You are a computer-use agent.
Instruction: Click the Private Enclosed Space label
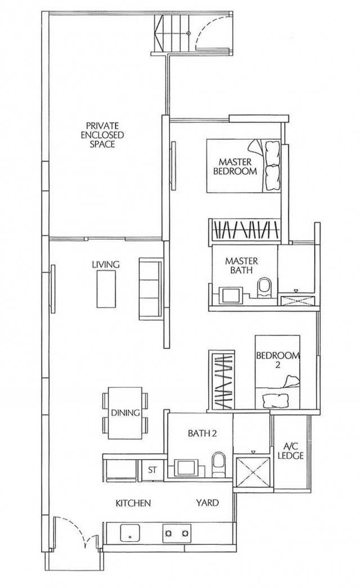click(x=102, y=134)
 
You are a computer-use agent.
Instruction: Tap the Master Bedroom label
click(x=235, y=166)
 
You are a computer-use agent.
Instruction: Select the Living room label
click(x=106, y=264)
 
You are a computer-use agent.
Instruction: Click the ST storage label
click(x=152, y=470)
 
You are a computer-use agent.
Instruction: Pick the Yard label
click(x=207, y=503)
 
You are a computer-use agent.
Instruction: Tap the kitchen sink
click(x=130, y=533)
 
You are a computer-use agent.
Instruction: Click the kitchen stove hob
click(x=176, y=533)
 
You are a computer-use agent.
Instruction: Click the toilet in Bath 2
click(x=218, y=464)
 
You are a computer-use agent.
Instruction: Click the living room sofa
click(x=151, y=289)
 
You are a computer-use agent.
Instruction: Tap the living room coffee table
click(x=106, y=289)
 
